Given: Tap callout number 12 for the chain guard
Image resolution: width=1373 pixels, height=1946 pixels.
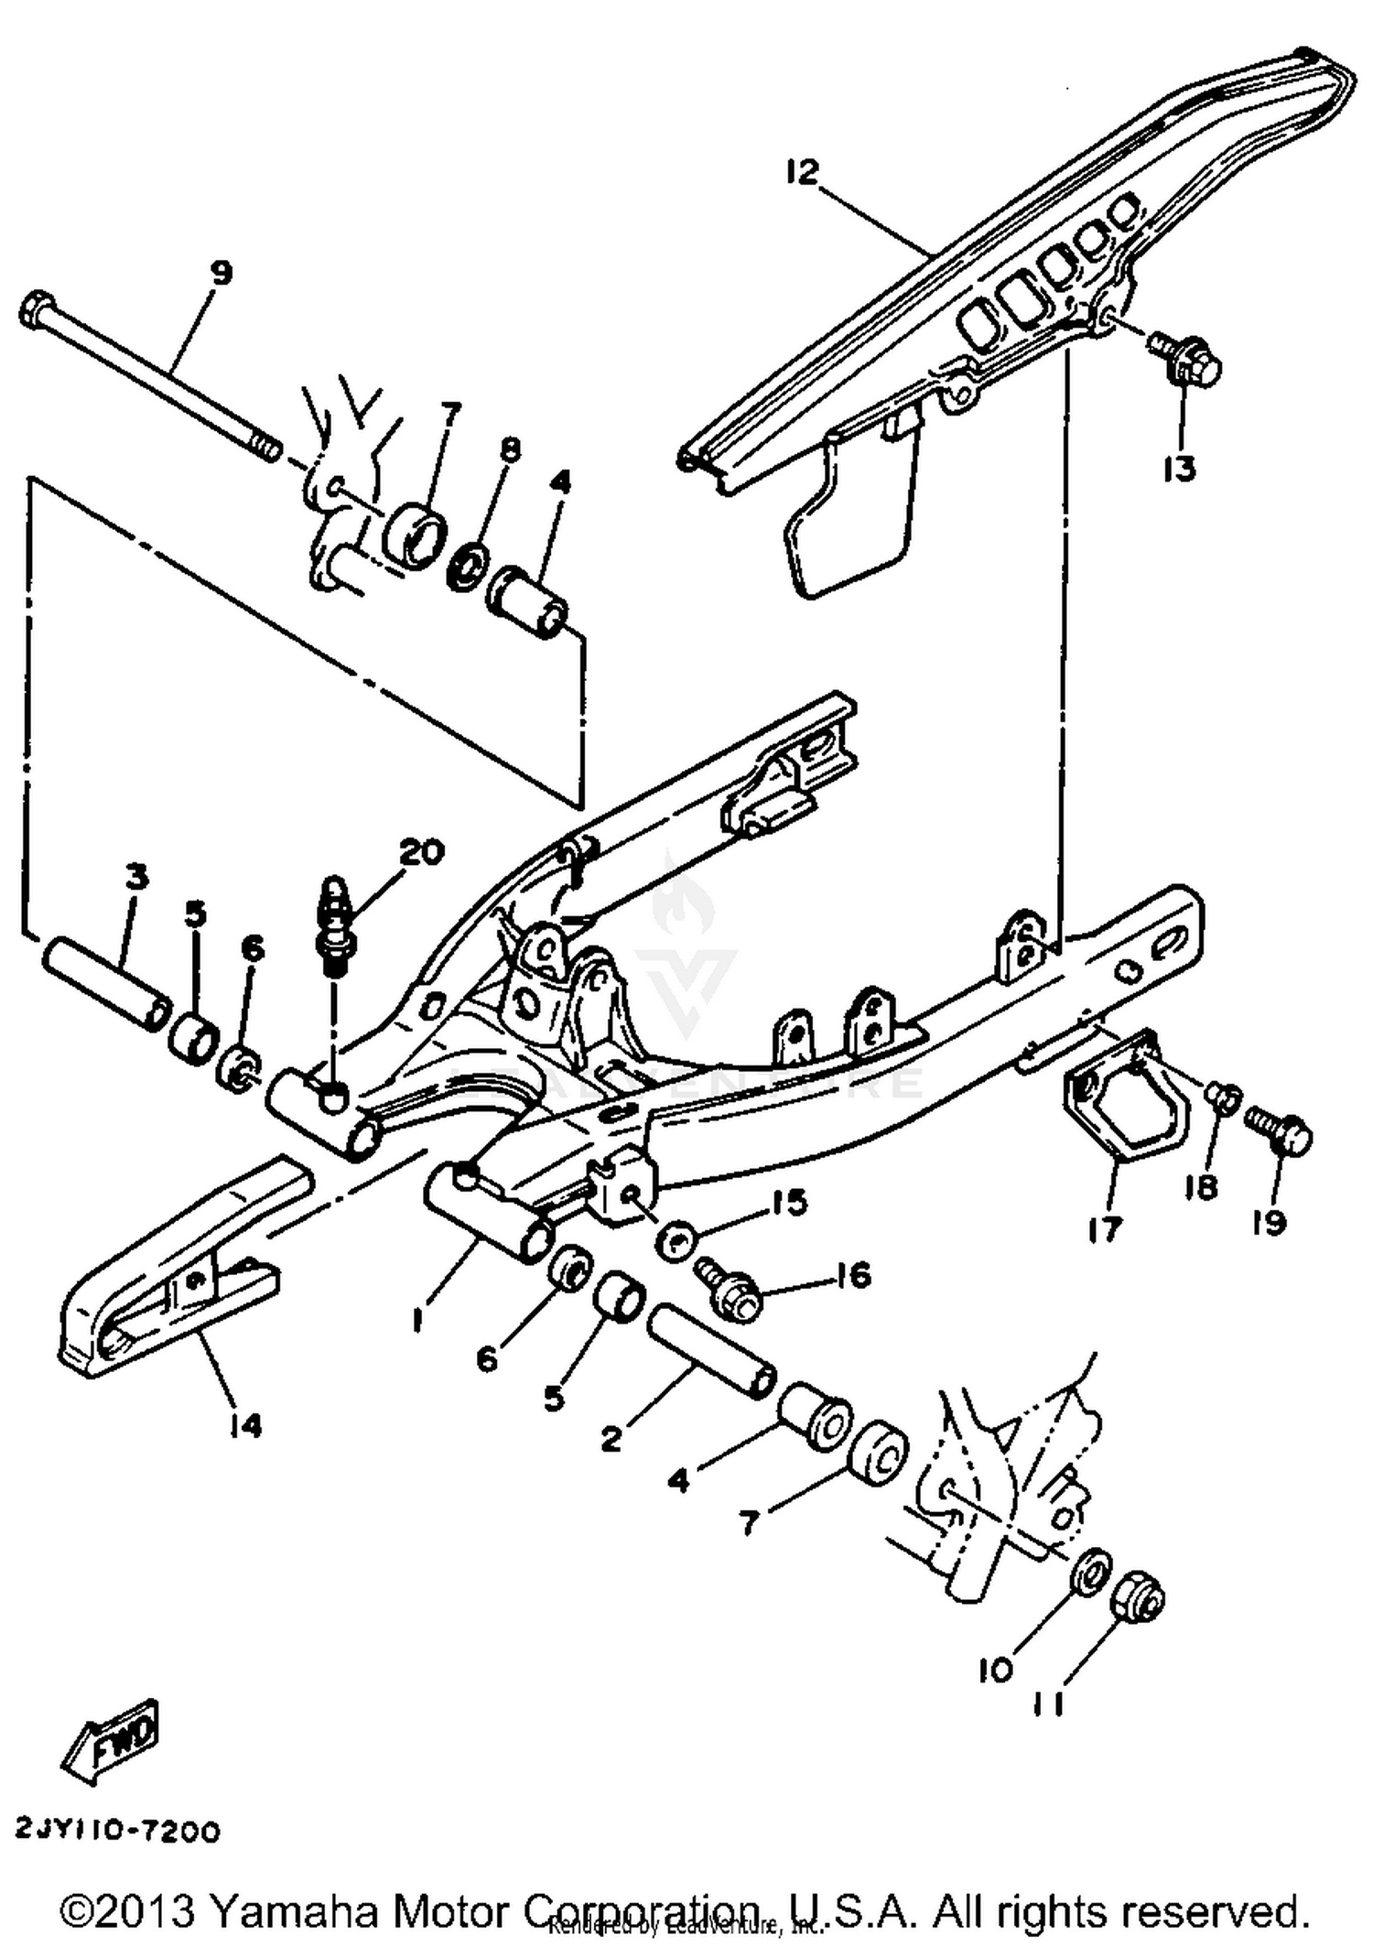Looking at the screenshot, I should (802, 171).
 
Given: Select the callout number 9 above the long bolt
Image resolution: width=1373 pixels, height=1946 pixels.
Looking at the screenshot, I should (221, 273).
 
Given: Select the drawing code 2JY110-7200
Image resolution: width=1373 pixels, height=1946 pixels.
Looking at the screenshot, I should (118, 1831).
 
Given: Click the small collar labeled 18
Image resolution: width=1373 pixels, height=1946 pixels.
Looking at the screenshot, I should (1223, 1096).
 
